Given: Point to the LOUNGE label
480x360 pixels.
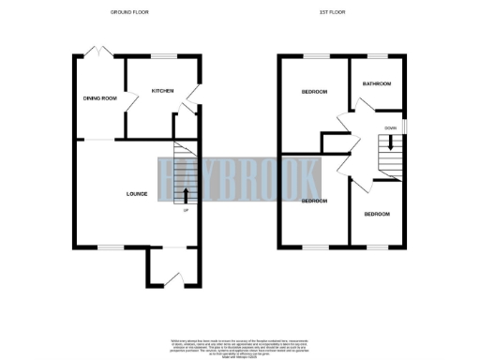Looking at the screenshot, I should pos(137,194).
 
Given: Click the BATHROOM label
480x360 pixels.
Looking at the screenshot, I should pos(377,84).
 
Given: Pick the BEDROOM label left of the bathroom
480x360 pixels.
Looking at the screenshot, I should pos(314,91).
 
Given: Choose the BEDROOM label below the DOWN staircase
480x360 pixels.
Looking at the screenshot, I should pos(376,215).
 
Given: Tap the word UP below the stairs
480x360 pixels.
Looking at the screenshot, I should pos(187,210).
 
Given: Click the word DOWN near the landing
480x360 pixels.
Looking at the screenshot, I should pos(391,127).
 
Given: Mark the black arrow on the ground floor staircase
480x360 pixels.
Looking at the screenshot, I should pos(186,195).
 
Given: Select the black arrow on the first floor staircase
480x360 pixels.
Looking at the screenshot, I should pos(389,147).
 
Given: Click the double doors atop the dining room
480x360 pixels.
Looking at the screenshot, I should pos(96,52).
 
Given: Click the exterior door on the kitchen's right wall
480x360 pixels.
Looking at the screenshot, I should pos(191,96).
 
